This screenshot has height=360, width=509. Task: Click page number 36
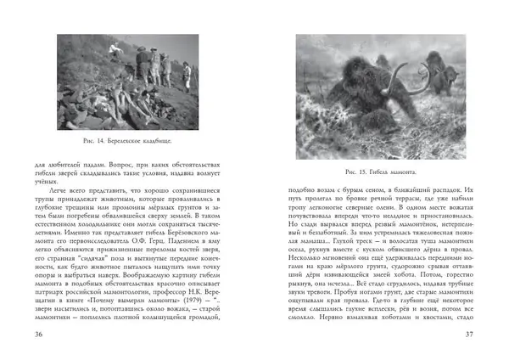pyautogui.click(x=38, y=334)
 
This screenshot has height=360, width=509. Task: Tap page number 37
pyautogui.click(x=470, y=334)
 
